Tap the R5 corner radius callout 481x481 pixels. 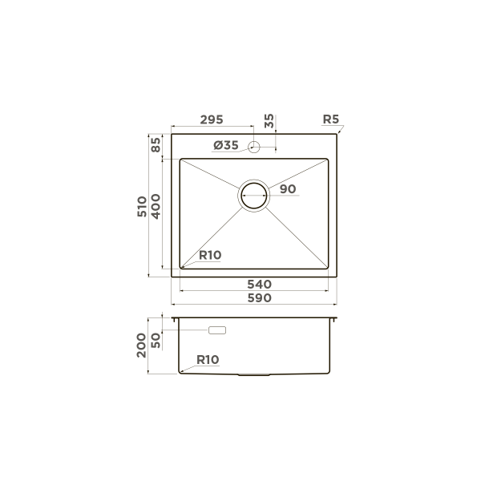pos(331,120)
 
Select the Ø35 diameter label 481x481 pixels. pos(226,145)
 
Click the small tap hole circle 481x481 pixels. pos(253,146)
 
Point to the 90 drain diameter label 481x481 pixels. pos(289,189)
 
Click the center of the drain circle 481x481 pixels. pos(255,195)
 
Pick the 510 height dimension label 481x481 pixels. pos(143,207)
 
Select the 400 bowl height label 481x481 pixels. pos(158,207)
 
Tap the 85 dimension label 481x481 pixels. pos(156,146)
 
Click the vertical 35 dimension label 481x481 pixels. pos(269,122)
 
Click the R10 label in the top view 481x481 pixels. pos(209,255)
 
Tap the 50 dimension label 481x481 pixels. pos(156,339)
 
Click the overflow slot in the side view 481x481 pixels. pos(217,329)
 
